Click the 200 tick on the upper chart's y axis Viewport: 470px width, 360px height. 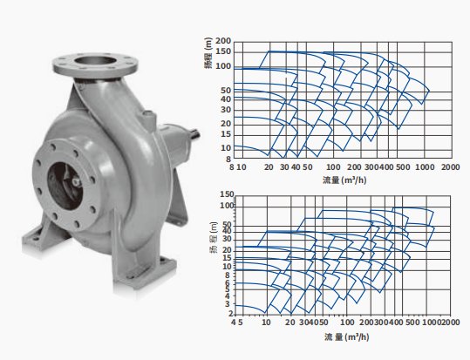point(223,41)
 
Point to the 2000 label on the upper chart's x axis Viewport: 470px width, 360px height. point(450,167)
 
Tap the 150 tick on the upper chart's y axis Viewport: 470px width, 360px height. point(223,51)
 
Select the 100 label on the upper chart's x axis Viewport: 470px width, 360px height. point(333,167)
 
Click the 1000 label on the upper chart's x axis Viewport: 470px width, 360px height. point(425,167)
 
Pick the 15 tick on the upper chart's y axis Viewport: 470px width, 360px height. point(227,134)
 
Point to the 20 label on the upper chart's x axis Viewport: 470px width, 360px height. point(269,167)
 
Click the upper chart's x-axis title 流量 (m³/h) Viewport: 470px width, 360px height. point(344,180)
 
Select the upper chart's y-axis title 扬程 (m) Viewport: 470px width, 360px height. point(208,53)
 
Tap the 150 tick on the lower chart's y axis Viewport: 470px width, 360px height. point(227,194)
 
